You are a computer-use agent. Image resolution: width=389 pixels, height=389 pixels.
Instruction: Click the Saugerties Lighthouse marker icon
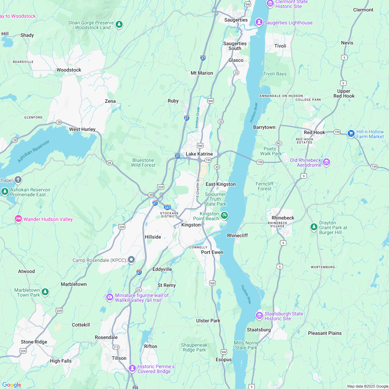click(259, 23)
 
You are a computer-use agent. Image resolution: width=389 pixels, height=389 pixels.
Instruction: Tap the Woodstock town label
click(69, 70)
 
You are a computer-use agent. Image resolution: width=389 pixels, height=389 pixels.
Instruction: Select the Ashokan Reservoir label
click(34, 151)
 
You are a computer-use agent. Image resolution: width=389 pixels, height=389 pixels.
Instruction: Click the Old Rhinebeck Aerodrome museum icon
click(326, 162)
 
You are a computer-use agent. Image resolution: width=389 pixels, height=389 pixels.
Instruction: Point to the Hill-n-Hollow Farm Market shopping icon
click(351, 133)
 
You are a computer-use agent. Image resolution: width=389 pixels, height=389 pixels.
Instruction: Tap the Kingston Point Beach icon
click(224, 216)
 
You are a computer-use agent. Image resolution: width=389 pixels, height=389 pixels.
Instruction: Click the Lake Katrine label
click(199, 154)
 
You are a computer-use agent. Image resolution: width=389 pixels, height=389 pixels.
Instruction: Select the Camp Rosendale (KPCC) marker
click(131, 260)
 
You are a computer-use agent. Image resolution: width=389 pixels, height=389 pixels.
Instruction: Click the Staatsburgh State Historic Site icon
click(259, 316)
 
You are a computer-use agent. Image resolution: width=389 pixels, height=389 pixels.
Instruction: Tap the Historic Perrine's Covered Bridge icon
click(132, 369)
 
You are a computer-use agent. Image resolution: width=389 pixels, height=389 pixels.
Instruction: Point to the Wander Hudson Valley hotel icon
click(18, 219)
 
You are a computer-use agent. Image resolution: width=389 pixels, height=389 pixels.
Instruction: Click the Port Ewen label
click(212, 252)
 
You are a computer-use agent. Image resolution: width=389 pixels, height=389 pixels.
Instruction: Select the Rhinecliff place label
click(238, 235)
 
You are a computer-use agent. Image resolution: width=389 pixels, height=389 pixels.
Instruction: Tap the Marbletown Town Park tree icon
click(45, 292)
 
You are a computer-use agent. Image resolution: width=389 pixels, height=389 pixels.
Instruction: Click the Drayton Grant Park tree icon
click(314, 227)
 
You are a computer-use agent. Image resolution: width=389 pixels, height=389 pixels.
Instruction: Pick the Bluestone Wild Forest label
click(143, 163)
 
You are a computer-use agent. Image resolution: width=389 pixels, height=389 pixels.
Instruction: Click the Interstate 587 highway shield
click(167, 207)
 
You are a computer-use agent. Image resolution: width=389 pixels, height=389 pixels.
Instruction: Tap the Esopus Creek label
click(198, 117)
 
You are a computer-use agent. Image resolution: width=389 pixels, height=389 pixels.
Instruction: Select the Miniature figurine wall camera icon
click(110, 297)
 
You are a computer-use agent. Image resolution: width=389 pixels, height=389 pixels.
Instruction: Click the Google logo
click(12, 385)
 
